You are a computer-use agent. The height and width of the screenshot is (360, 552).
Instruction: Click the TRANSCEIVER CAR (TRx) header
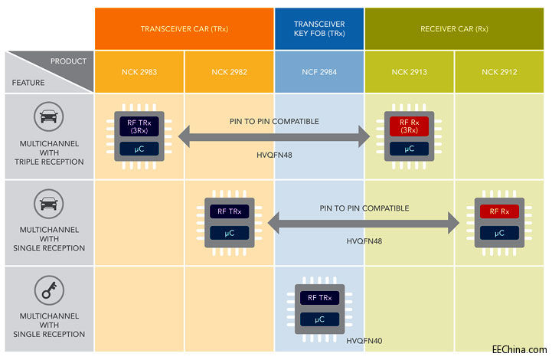tap(184, 29)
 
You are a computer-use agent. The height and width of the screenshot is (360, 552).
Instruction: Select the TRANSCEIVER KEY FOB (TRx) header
tap(319, 29)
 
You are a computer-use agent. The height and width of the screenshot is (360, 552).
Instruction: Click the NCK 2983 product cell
tap(139, 72)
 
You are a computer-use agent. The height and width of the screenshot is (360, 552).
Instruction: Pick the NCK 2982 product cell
tap(229, 72)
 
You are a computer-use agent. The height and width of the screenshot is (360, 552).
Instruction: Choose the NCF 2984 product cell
tap(319, 72)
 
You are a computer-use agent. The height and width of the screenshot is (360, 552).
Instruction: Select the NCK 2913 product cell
tap(410, 72)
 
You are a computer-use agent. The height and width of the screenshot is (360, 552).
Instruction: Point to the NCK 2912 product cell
tap(500, 72)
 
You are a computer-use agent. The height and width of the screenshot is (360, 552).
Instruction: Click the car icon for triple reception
tap(47, 117)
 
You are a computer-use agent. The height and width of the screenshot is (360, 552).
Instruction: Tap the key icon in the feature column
tap(47, 290)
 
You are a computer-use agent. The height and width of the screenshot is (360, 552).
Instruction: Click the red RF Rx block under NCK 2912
tap(499, 211)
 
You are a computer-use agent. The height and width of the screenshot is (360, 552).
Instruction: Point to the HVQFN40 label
tap(364, 339)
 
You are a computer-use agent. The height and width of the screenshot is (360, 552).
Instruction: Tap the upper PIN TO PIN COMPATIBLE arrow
tap(274, 138)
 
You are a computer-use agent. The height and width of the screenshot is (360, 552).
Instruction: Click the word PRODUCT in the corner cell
tap(69, 61)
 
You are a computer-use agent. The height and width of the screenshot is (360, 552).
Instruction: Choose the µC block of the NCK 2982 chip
tap(229, 232)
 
